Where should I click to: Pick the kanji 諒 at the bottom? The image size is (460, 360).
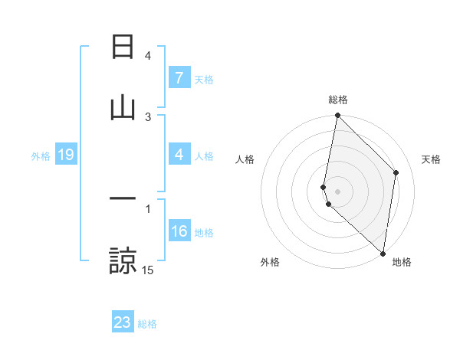[123, 260]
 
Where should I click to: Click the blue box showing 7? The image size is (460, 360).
[179, 78]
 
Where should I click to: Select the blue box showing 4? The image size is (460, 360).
[179, 155]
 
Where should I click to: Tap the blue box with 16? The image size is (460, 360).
[179, 231]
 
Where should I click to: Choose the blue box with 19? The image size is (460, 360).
[65, 155]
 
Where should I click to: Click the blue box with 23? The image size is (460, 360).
[123, 322]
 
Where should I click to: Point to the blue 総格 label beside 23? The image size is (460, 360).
[148, 324]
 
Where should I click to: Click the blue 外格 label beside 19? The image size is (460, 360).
[41, 156]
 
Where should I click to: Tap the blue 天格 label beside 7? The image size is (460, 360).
[204, 80]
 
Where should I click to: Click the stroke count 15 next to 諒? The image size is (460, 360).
[148, 270]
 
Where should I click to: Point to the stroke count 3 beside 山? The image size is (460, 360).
[148, 116]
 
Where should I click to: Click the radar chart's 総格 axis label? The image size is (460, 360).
[338, 100]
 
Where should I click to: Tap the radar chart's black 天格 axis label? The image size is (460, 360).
[432, 159]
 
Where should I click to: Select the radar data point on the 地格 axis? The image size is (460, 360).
[383, 254]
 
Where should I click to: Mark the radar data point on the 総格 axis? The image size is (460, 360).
[337, 116]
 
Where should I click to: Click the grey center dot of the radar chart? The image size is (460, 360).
[337, 191]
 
